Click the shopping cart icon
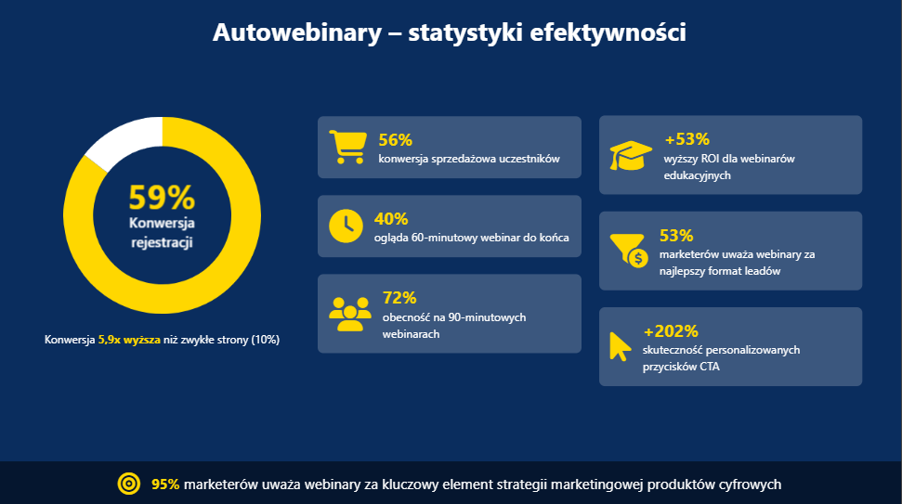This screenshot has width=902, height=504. click(x=346, y=147)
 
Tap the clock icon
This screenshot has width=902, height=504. click(x=346, y=226)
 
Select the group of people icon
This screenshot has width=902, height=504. click(x=349, y=314)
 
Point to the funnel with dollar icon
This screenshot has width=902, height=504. click(x=629, y=250)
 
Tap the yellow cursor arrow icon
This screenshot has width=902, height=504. click(x=619, y=345)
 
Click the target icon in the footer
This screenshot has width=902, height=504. click(x=128, y=484)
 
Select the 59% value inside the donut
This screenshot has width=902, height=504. click(x=162, y=198)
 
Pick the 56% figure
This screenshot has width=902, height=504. click(x=395, y=140)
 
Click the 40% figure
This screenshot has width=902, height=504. click(x=391, y=219)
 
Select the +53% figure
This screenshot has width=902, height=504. click(x=686, y=140)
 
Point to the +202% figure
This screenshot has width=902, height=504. click(x=671, y=331)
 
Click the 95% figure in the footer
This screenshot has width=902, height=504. click(x=165, y=484)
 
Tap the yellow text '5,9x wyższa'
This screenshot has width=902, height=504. click(x=129, y=340)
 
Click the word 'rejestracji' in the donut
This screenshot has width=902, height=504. click(x=162, y=243)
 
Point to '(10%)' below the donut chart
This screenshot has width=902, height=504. click(x=265, y=340)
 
